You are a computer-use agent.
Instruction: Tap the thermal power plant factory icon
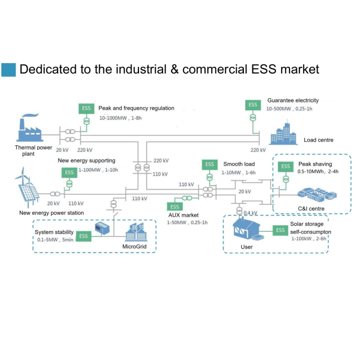[x=29, y=129]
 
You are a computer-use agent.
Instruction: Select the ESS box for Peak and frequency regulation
[x=86, y=108]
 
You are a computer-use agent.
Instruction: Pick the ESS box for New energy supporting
[x=69, y=172]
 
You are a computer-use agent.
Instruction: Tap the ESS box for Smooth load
[x=210, y=164]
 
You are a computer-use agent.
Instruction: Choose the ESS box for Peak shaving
[x=285, y=166]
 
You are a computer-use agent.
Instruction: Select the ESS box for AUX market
[x=175, y=207]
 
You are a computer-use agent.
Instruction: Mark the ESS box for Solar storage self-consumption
[x=280, y=230]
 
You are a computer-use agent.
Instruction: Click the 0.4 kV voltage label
[x=250, y=213]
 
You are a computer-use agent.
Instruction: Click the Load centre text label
[x=319, y=140]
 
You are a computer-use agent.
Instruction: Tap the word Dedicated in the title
[x=45, y=69]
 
